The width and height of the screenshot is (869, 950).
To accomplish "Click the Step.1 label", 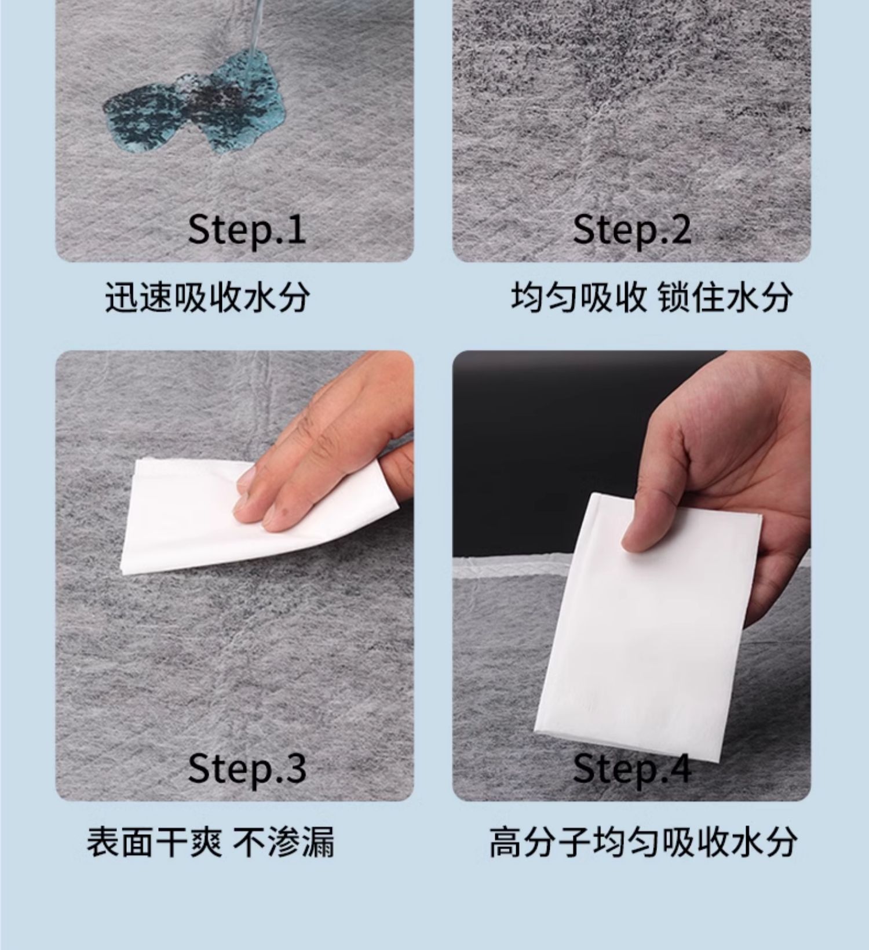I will click(x=246, y=230).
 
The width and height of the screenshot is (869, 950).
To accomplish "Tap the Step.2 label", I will click(x=631, y=230).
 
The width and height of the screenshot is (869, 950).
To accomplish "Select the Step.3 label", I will click(x=246, y=768).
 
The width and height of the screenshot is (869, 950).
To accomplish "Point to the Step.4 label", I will click(x=631, y=768).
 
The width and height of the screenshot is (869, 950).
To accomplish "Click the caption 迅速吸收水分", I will click(x=207, y=298).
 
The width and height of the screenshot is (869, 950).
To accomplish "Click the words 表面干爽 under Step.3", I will click(x=154, y=842).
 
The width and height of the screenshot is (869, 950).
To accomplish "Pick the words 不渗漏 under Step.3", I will click(x=284, y=842).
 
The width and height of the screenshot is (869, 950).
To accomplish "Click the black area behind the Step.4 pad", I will click(x=550, y=452).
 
